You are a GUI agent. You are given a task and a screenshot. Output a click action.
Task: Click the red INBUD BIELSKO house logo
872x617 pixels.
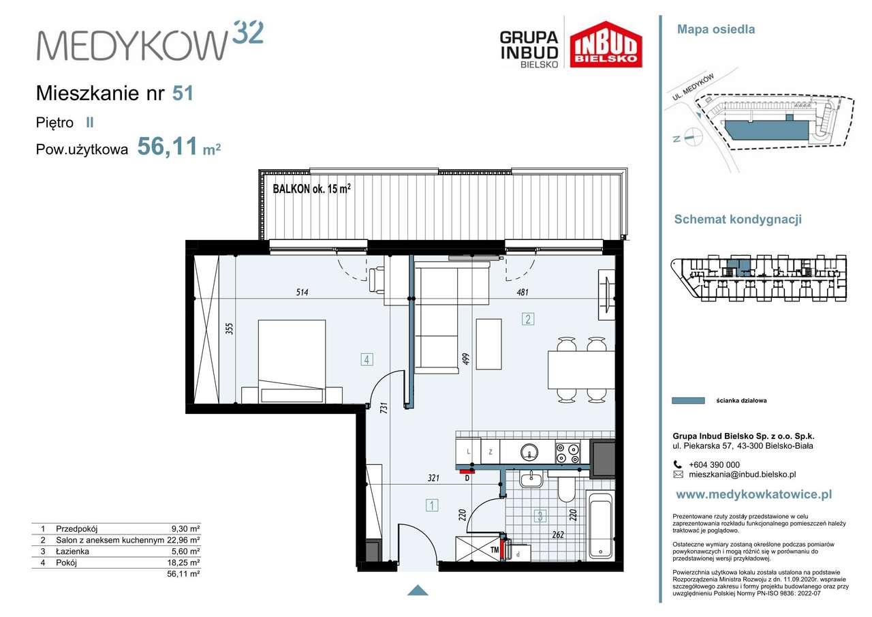click(606, 44)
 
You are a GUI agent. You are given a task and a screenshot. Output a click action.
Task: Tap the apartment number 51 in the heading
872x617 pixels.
click(183, 93)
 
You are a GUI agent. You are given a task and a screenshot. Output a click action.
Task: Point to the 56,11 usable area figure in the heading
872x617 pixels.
click(168, 147)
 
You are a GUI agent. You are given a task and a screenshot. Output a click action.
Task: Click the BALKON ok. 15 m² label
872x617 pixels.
click(311, 189)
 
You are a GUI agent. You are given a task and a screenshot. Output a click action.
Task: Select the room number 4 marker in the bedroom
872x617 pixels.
click(367, 359)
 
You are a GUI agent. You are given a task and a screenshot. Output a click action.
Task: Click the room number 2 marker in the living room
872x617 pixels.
click(528, 319)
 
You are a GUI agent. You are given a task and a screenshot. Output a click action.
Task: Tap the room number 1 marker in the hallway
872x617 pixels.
click(432, 505)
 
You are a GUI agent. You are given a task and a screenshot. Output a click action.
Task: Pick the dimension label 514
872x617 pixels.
click(302, 292)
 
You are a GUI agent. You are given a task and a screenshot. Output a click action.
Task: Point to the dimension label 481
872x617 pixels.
click(523, 292)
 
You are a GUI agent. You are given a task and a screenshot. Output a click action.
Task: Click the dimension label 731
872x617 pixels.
click(384, 408)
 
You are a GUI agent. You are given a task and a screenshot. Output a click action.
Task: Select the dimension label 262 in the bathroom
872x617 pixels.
click(558, 535)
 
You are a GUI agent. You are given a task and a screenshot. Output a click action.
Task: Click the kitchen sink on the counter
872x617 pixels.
click(529, 452)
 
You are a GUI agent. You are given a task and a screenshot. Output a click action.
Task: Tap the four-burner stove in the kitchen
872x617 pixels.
click(567, 453)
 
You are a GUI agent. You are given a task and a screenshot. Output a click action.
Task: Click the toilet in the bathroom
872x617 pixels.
click(566, 487)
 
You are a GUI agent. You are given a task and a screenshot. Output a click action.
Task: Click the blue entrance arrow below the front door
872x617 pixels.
click(418, 590)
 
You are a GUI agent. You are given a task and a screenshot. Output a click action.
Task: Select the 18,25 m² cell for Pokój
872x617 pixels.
click(186, 562)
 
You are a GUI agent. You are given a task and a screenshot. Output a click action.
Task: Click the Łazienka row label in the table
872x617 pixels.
click(72, 551)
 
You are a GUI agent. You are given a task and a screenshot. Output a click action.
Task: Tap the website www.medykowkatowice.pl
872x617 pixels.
click(754, 495)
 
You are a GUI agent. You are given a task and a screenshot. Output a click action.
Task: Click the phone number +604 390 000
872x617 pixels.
click(715, 465)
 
